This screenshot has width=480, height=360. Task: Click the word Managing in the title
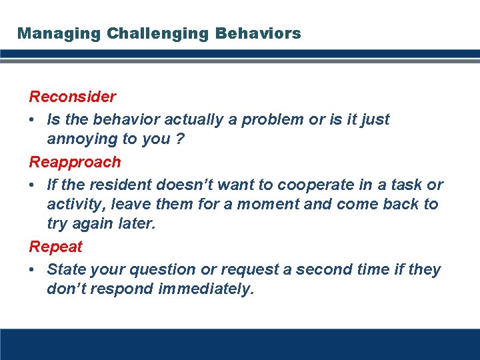click(49, 33)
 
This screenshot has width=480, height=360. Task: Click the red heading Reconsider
click(72, 97)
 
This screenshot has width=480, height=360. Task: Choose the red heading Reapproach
click(75, 162)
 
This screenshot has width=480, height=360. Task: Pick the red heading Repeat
click(55, 247)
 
